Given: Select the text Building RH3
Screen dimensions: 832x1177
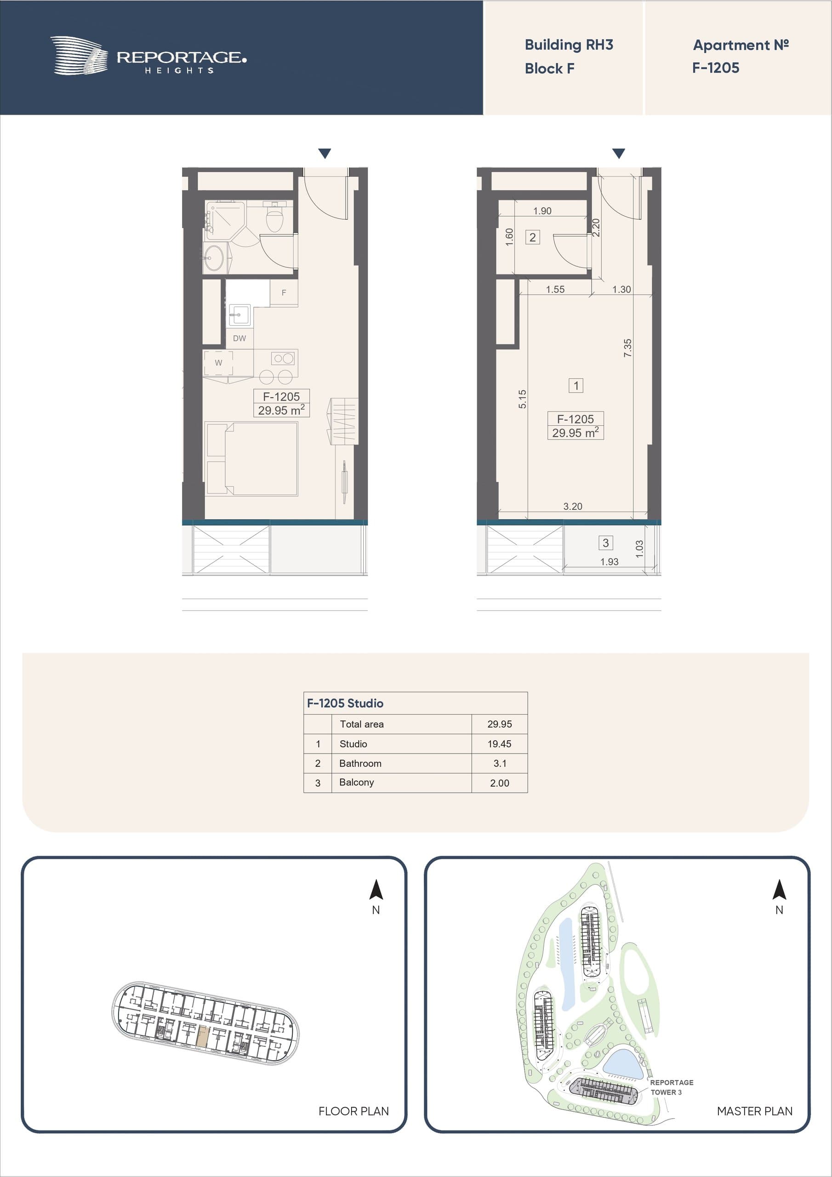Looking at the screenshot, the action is point(569,45).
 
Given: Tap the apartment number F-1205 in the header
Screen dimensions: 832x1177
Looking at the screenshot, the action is point(715,68).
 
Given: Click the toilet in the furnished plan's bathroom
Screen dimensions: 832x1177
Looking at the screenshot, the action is point(275,217).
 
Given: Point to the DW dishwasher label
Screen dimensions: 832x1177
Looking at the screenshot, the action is point(239,338).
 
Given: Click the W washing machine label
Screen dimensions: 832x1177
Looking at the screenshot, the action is point(218,363).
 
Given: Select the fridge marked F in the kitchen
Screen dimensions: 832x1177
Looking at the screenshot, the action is point(284,293).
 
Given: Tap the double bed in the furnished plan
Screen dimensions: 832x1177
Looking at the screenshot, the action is point(252,459).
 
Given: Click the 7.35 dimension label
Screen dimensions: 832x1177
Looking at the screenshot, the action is point(628,348).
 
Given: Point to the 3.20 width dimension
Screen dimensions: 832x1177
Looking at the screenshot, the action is point(573,507).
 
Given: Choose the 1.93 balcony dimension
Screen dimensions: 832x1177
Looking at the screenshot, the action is point(609,562).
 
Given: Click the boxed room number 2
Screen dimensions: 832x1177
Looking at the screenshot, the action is point(533,237).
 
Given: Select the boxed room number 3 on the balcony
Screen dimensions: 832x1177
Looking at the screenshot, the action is point(605,543).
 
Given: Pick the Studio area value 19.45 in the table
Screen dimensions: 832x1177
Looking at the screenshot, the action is point(499,744).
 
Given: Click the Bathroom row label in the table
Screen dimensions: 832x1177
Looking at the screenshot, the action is point(360,763).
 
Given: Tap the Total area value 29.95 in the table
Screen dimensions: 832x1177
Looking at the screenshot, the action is point(499,724).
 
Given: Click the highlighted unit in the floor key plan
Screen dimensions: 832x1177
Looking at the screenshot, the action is point(203,1036).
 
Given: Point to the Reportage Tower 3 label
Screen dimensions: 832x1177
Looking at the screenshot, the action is point(672,1087).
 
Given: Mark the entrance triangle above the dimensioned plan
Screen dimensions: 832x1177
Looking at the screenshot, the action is point(619,153).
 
